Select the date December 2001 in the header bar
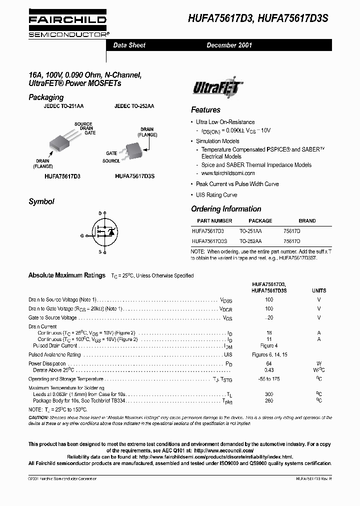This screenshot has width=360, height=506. click(x=229, y=45)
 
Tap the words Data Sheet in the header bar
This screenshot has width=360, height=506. click(x=129, y=45)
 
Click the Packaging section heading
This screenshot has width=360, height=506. click(x=46, y=97)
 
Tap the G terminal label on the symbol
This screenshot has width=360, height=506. click(x=82, y=234)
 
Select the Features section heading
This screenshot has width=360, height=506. click(x=205, y=110)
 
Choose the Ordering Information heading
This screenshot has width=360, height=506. click(x=226, y=209)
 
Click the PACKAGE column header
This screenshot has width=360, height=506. click(x=260, y=220)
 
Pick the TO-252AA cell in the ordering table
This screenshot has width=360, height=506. click(x=250, y=241)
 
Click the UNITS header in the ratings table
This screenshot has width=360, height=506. click(x=319, y=290)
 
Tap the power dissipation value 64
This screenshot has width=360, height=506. click(x=269, y=363)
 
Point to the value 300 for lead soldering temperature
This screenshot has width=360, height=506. click(x=269, y=394)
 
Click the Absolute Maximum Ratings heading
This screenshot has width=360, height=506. click(x=67, y=275)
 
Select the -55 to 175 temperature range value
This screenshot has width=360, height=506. click(x=269, y=379)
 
